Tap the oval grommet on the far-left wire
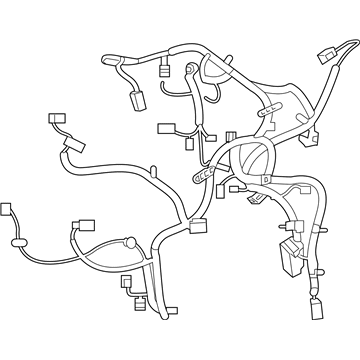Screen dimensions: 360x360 (18, 241)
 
